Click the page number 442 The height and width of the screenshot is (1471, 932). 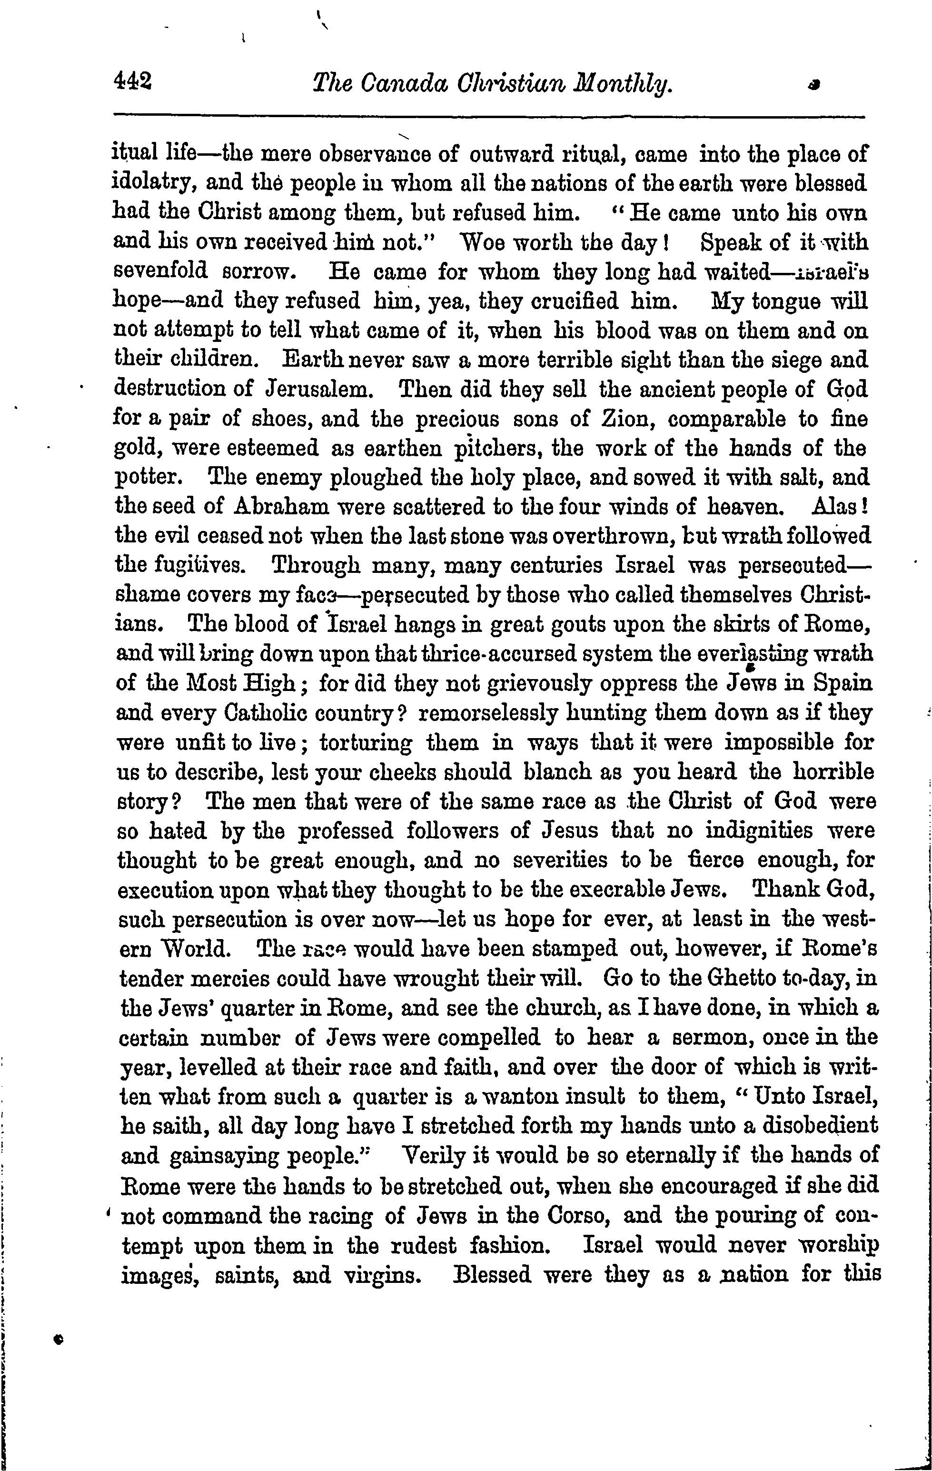pos(132,80)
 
